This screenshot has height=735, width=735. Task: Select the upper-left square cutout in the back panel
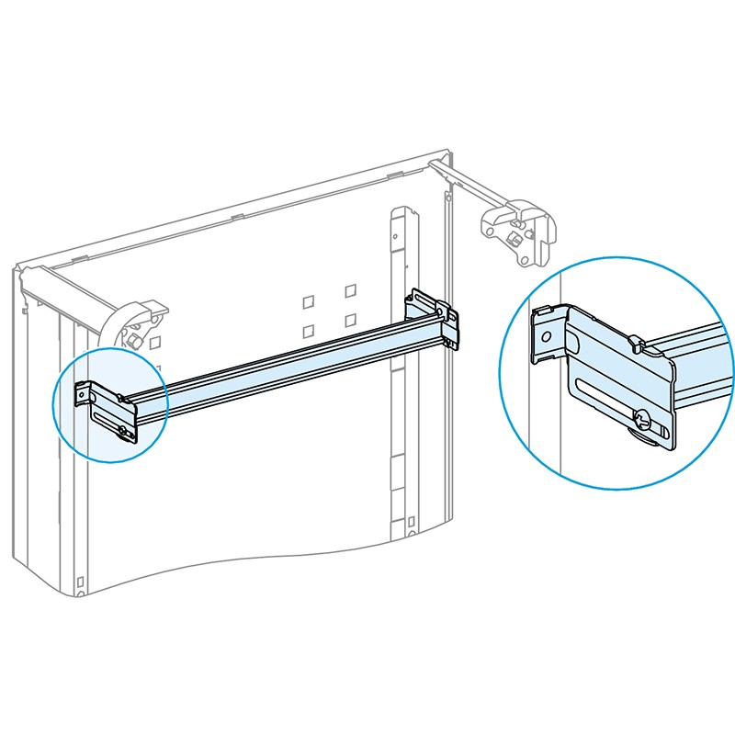(310, 300)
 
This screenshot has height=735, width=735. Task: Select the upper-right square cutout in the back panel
(350, 291)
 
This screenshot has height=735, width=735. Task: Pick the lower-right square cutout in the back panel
(350, 321)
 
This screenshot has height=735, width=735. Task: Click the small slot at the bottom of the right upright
(408, 526)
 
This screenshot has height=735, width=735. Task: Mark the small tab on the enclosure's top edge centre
(237, 217)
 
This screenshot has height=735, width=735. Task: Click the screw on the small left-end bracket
(123, 427)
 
